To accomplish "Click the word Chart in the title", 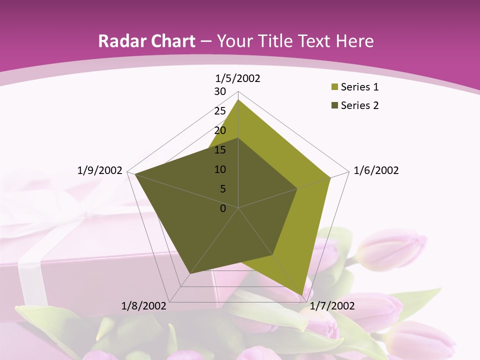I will [170, 41].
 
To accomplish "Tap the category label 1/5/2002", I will [238, 78].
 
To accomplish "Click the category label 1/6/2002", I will [376, 170].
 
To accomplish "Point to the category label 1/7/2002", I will [332, 305].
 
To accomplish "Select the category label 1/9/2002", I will [100, 170].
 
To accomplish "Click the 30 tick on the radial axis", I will [220, 91].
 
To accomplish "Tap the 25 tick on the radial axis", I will [220, 111].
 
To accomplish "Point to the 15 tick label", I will [220, 150].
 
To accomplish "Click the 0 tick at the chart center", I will [223, 208].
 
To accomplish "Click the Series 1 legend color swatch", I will [334, 87].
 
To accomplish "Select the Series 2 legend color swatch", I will [334, 105].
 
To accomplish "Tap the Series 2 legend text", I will [359, 105].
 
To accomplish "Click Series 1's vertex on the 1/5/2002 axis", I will [238, 99].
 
